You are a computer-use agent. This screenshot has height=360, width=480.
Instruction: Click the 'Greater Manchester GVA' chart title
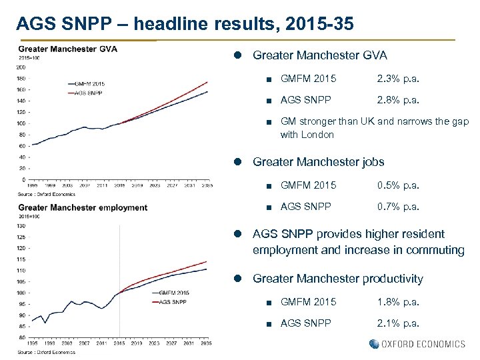point(67,49)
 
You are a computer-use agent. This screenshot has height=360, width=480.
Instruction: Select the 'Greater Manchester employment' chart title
point(83,207)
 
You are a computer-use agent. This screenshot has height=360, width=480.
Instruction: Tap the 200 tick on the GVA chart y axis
point(22,67)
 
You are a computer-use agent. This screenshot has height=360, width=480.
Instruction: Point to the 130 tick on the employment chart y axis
point(22,225)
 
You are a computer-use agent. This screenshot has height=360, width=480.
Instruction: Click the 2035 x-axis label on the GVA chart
point(206,185)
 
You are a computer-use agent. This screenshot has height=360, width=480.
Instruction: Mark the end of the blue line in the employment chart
point(207,269)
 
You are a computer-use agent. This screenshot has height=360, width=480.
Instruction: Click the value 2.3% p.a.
point(398,79)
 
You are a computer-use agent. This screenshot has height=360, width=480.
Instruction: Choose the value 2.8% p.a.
point(398,101)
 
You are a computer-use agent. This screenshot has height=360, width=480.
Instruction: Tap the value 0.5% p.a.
point(398,185)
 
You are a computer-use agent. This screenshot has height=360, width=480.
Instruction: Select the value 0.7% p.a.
point(398,207)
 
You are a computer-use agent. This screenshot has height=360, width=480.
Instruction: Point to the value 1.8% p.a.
point(398,302)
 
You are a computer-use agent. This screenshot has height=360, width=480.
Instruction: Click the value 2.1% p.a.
point(398,323)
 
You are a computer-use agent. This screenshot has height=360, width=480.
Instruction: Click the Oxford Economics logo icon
point(374,344)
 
